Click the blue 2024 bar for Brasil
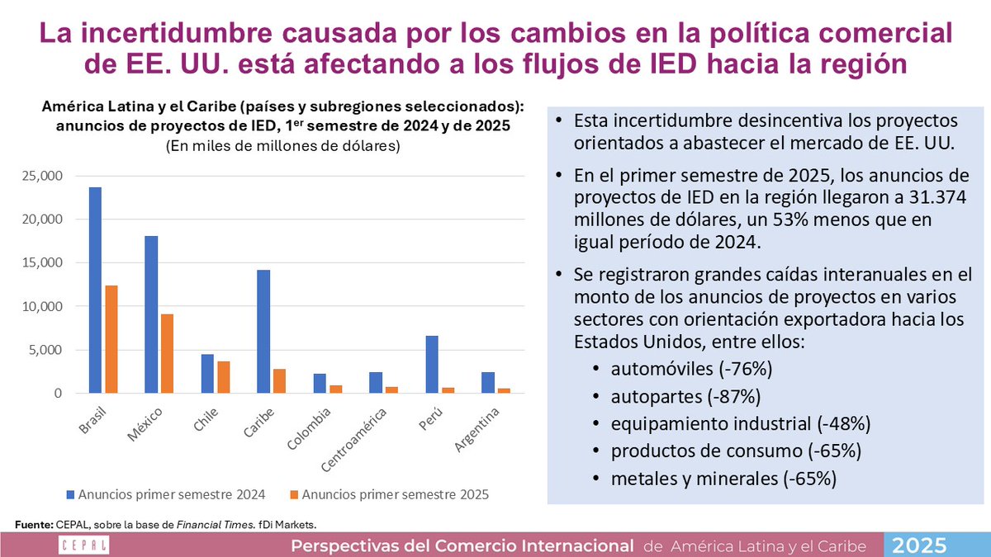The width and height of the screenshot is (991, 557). point(96,290)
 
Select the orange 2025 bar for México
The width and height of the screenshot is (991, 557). point(167,354)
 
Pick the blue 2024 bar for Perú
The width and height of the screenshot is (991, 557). point(432,365)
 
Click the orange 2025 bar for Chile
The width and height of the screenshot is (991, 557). point(223,378)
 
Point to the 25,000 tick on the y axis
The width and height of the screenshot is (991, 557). point(40,176)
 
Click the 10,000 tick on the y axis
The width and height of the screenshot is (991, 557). point(40,306)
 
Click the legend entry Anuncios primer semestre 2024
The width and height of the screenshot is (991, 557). point(164,494)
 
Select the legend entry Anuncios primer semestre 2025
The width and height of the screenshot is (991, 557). point(388,494)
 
